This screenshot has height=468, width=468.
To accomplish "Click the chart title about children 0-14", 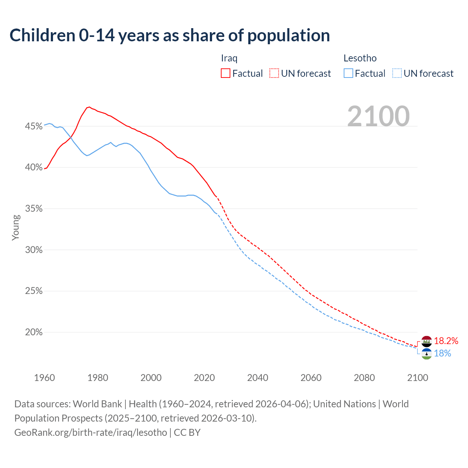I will point(170,35).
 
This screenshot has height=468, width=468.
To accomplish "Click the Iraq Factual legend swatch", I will point(226,73).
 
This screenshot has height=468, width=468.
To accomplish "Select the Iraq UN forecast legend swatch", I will point(274,73).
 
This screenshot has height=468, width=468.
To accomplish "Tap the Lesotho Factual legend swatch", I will point(348,73).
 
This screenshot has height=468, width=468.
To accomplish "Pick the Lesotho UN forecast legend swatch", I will point(397,73).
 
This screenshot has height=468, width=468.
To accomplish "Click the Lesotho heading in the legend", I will point(360,58).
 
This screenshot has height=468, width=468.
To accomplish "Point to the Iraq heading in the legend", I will point(229,58).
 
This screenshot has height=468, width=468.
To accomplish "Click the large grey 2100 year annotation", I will point(378,116).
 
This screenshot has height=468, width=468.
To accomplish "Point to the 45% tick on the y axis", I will point(34,127).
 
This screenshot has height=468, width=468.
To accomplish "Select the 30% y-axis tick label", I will point(34,250).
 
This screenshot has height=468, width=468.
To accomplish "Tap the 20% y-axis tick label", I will point(34,332).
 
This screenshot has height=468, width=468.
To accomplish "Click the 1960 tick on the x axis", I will point(45,378).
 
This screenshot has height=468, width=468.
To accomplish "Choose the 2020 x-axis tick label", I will point(204,378).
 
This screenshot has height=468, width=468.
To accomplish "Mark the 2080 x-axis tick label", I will point(364,378).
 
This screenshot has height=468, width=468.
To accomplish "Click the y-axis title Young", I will point(16,227).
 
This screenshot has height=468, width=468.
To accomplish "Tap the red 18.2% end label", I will point(446,341).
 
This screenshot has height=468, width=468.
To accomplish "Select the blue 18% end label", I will point(442,354).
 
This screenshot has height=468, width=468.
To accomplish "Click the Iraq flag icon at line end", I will point(427,341).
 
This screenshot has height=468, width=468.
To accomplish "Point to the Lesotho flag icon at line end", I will point(427,354).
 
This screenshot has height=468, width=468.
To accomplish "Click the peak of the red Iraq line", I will point(89,107).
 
